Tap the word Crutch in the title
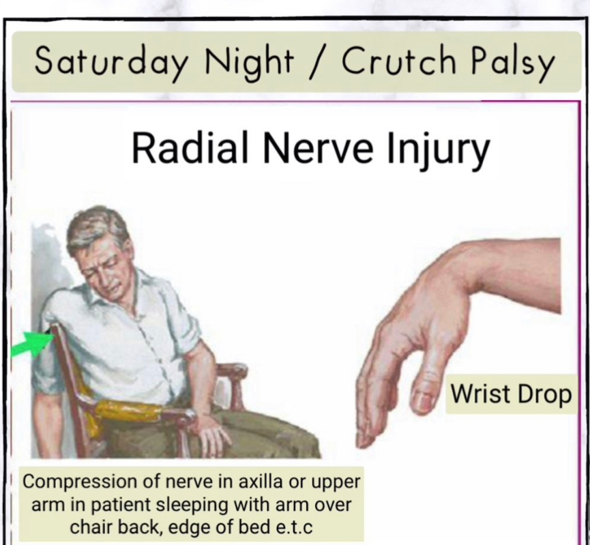pyautogui.click(x=399, y=59)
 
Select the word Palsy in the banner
pyautogui.click(x=513, y=62)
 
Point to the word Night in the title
pyautogui.click(x=249, y=62)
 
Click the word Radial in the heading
pyautogui.click(x=190, y=147)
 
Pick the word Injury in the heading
pyautogui.click(x=439, y=151)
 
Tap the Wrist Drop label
pyautogui.click(x=511, y=394)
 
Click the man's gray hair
pyautogui.click(x=94, y=226)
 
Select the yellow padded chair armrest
pyautogui.click(x=128, y=410)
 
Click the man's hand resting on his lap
pyautogui.click(x=213, y=433)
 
